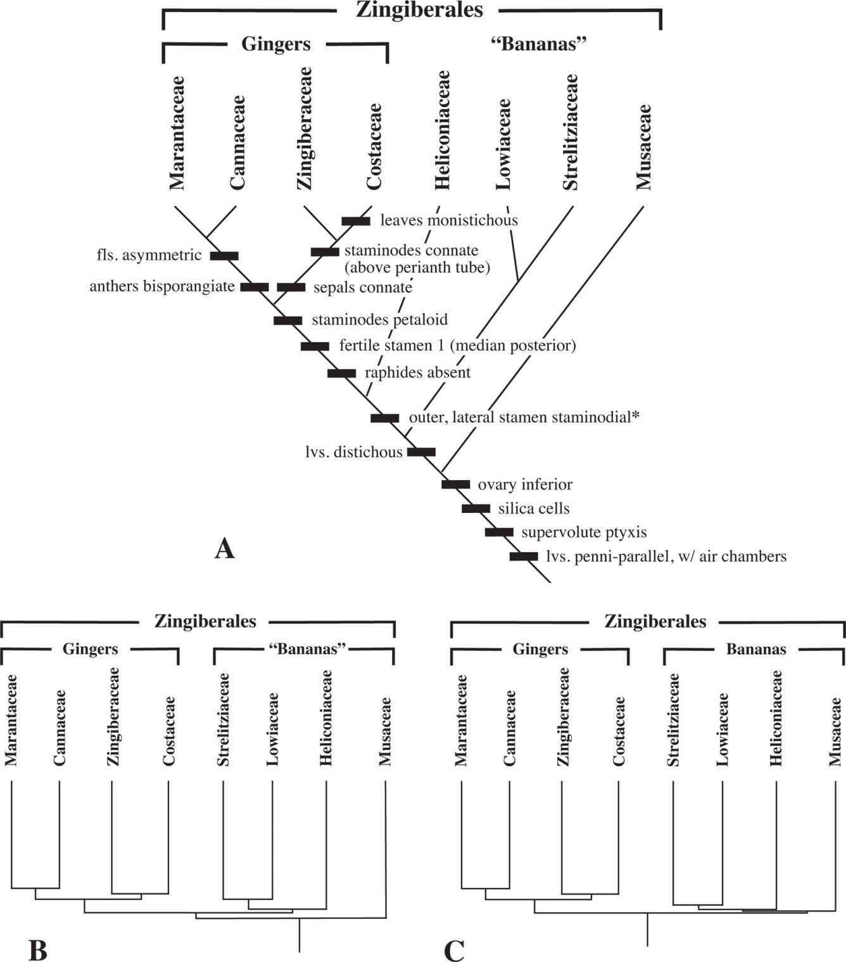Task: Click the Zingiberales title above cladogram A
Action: (419, 10)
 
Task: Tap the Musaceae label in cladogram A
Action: (644, 147)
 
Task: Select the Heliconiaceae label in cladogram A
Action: (442, 130)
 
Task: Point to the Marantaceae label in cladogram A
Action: (177, 133)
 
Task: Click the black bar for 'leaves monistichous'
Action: (356, 221)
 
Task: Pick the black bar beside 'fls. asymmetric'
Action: (224, 256)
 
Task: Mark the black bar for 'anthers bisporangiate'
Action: (255, 287)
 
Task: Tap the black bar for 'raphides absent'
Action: (341, 373)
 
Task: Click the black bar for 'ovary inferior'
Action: (455, 484)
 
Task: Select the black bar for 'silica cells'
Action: (476, 509)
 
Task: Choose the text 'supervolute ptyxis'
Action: (584, 533)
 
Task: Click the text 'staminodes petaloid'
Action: (379, 320)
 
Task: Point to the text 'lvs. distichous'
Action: (353, 452)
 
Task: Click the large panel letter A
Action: (224, 548)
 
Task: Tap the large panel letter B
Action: (38, 950)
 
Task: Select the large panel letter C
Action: (454, 950)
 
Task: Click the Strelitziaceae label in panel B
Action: (223, 719)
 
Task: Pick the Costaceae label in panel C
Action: (619, 731)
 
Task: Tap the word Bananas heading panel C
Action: (756, 649)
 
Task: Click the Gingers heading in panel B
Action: (90, 649)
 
